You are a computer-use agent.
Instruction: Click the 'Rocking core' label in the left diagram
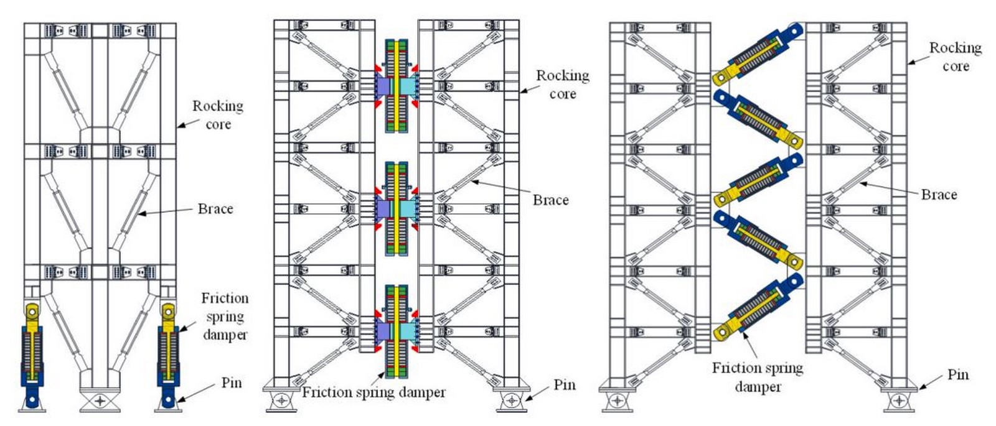pos(218,115)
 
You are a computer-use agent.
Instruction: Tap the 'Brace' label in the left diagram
pos(215,209)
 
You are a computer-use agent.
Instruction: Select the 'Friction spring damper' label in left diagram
pos(225,317)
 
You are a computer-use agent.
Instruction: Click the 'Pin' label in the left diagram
pos(232,382)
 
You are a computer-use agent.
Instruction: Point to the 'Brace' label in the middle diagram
pos(551,200)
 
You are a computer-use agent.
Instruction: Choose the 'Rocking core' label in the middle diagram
pos(563,85)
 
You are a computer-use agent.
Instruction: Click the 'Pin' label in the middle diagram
pos(565,385)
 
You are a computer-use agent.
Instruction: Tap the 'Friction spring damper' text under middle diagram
pos(374,392)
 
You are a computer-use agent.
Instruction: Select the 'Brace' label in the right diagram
pos(939,195)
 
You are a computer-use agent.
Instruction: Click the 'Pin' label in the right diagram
pos(958,374)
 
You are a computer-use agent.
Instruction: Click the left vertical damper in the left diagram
pos(32,355)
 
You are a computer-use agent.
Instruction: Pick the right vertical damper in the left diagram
pos(168,355)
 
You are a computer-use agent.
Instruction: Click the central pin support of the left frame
pos(100,401)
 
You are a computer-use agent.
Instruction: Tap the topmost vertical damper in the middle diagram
pos(396,86)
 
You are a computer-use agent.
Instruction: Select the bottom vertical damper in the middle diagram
pos(396,331)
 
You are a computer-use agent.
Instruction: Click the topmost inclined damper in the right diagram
pos(759,54)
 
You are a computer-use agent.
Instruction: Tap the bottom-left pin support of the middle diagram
pos(281,400)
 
